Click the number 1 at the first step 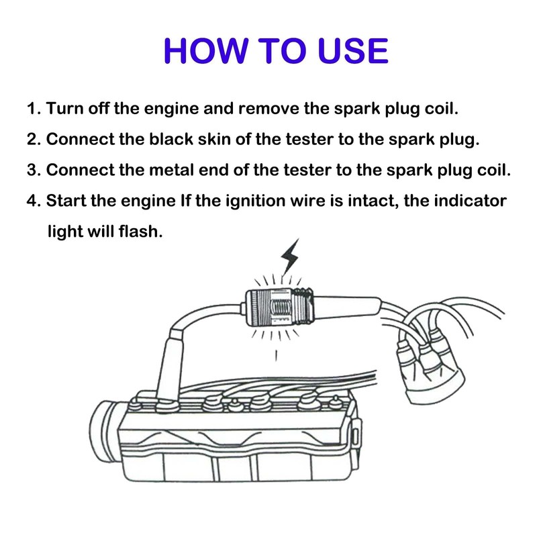31,109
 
